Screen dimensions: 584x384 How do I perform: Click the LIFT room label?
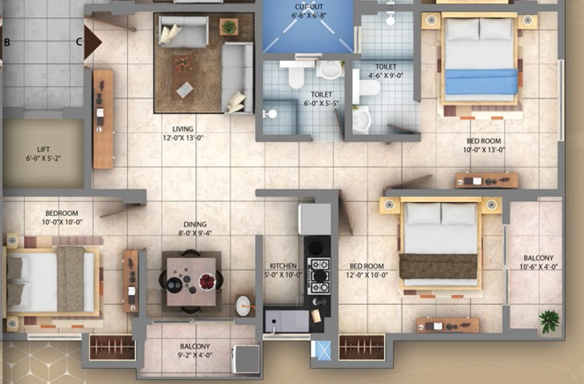43,154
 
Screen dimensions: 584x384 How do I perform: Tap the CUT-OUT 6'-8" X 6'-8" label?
309,11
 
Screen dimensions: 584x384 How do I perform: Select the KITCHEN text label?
283,266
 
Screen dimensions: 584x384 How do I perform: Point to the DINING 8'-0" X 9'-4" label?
195,229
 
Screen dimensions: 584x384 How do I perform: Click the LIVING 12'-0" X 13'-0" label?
182,133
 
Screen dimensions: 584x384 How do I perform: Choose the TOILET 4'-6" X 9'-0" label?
386,71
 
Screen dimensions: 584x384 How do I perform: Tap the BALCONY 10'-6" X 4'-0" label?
538,262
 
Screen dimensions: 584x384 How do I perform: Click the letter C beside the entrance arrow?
79,42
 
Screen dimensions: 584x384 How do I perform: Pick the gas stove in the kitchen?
319,276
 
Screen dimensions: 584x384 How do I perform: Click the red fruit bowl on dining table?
207,281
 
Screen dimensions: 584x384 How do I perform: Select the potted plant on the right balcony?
549,320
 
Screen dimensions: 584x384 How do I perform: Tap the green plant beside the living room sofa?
229,27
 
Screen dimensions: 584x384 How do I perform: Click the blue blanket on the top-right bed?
481,81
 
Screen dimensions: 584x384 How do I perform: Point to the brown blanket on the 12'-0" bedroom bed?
438,266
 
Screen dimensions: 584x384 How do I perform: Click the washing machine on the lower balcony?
246,359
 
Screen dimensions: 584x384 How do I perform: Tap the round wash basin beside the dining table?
244,306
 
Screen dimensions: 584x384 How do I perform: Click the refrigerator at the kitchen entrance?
315,219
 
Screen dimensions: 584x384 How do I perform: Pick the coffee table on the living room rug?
185,89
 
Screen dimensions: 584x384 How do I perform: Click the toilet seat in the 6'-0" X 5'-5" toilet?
297,77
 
